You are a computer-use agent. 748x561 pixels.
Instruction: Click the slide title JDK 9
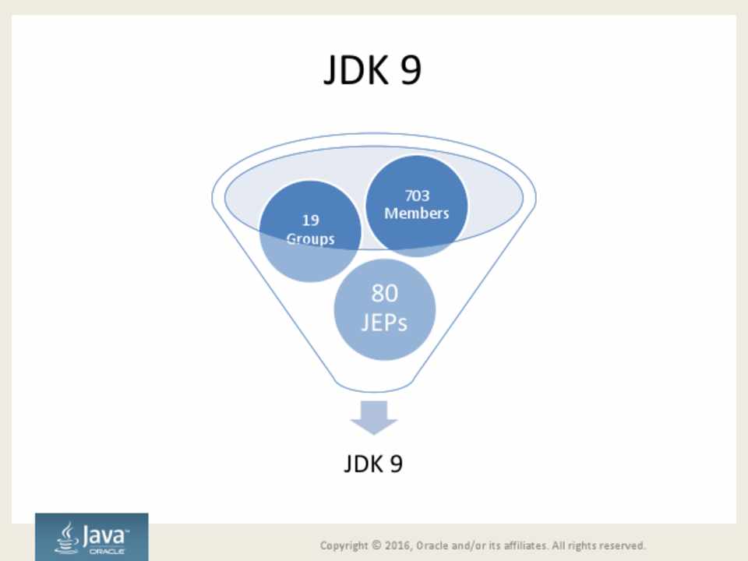372,69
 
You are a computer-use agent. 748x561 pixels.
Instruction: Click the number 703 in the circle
417,196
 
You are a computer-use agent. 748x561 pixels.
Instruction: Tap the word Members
416,213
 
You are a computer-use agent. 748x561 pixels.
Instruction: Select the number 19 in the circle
310,221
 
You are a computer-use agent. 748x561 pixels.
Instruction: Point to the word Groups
310,238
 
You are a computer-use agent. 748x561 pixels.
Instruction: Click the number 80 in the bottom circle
384,293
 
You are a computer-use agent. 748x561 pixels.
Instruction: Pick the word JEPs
384,323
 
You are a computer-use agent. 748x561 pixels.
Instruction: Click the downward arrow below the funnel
373,418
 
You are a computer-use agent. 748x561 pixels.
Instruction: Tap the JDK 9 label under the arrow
373,463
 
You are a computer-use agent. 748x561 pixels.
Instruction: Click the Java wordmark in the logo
104,536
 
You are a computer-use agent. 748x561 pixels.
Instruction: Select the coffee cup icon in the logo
67,538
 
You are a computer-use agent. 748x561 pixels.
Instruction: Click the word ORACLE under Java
107,552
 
